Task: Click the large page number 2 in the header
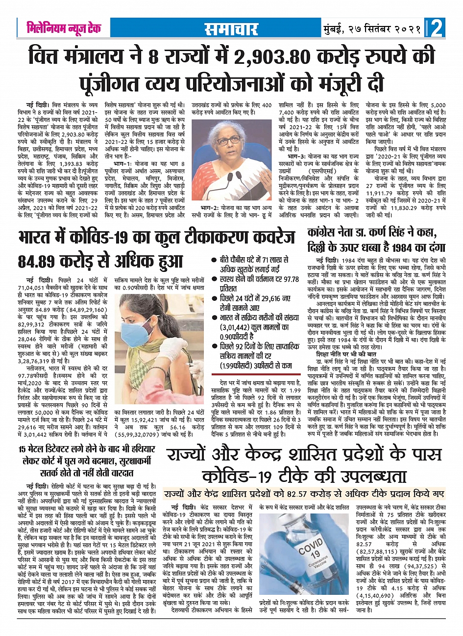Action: click(x=436, y=28)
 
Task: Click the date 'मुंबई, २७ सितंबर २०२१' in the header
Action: click(x=372, y=29)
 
